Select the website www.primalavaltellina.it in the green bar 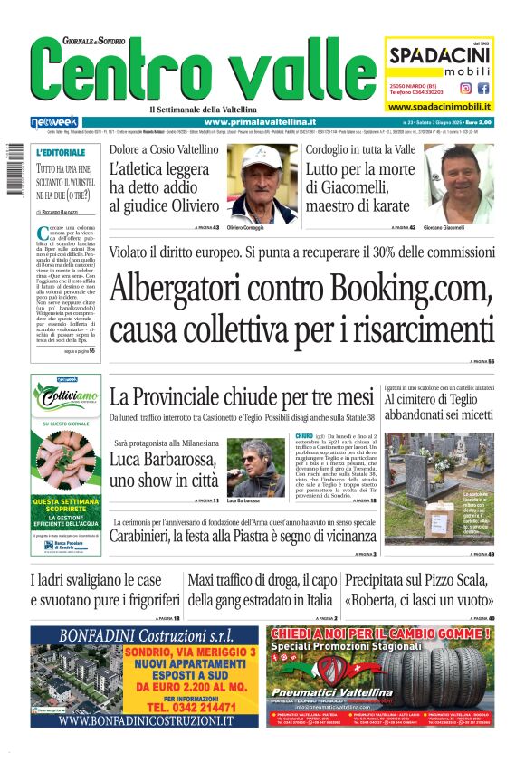point(260,122)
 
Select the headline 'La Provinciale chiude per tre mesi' point(242,396)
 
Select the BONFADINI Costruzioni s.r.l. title point(145,634)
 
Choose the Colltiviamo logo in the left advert point(66,396)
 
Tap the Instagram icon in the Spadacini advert point(465,88)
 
